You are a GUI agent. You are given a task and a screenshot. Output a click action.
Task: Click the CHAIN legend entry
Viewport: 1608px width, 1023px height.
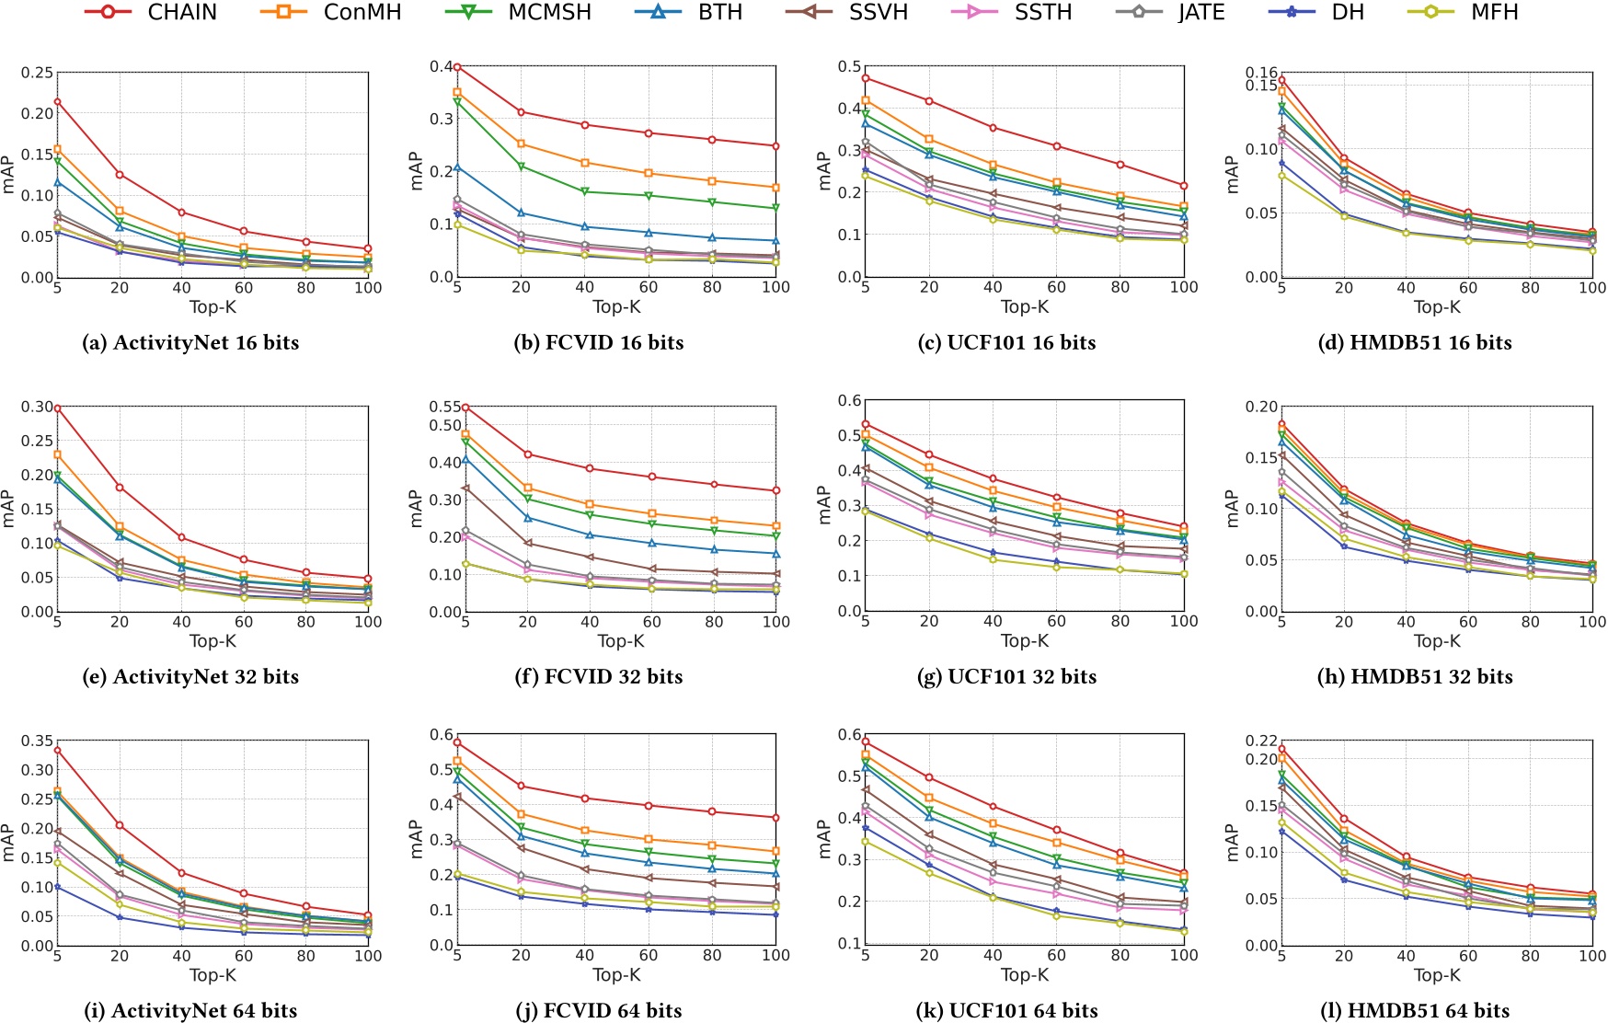(x=152, y=12)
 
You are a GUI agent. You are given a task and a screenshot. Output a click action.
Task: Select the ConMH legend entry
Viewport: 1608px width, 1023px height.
(x=331, y=12)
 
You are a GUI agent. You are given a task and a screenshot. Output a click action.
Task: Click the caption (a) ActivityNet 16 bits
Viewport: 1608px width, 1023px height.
(x=190, y=342)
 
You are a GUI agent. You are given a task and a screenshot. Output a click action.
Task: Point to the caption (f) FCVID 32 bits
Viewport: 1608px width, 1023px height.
(x=599, y=676)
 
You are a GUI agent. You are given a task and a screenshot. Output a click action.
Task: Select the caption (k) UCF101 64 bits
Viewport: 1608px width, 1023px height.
(x=1007, y=1010)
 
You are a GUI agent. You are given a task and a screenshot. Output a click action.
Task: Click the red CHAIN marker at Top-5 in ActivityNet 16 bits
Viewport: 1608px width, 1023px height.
(x=57, y=101)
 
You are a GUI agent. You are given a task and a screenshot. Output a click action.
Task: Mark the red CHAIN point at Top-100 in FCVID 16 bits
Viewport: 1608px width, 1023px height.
(x=775, y=146)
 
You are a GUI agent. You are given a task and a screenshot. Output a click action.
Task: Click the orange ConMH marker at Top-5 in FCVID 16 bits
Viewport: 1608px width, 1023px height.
(x=457, y=92)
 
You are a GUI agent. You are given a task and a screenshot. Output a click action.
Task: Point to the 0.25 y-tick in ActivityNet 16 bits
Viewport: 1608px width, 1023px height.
(x=38, y=73)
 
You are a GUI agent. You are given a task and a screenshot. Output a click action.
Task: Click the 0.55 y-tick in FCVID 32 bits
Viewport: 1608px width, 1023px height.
(x=445, y=407)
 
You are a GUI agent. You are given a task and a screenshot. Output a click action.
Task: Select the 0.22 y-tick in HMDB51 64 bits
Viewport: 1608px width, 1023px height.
(x=1261, y=741)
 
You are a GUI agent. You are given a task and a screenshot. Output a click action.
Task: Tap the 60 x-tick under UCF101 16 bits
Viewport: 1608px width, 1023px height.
(x=1056, y=287)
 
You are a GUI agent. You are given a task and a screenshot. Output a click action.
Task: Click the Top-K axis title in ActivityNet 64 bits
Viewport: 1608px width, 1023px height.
(x=212, y=974)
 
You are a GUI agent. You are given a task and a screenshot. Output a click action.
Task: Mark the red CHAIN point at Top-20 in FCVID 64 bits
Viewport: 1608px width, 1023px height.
(x=521, y=786)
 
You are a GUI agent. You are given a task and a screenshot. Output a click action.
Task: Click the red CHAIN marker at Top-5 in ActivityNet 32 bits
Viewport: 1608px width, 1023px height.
(x=57, y=408)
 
